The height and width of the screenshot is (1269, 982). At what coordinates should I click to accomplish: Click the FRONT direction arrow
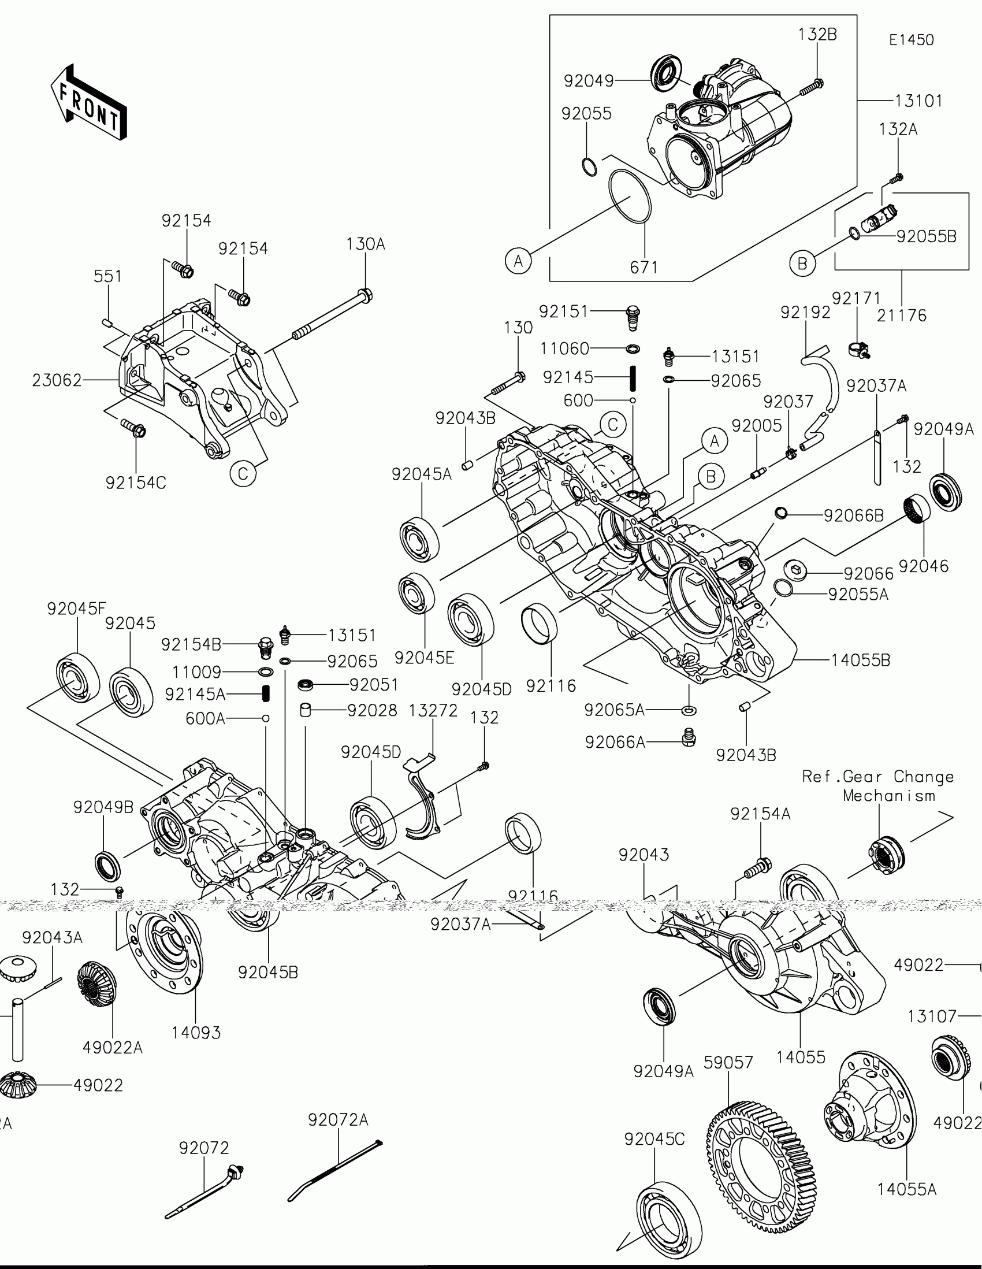pyautogui.click(x=88, y=101)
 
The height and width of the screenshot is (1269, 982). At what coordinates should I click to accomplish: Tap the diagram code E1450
pyautogui.click(x=911, y=40)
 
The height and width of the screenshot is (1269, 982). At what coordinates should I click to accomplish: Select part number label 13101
pyautogui.click(x=918, y=101)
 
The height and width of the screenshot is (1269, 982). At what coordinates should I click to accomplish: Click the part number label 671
pyautogui.click(x=643, y=268)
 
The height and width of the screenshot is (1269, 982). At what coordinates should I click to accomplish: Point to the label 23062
pyautogui.click(x=57, y=381)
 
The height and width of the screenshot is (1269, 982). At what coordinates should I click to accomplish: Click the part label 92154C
pyautogui.click(x=136, y=483)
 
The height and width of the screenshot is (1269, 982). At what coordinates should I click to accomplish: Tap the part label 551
pyautogui.click(x=108, y=276)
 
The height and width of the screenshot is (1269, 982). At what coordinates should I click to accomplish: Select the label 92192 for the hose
pyautogui.click(x=805, y=313)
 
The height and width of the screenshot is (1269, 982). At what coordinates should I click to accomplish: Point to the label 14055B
pyautogui.click(x=860, y=660)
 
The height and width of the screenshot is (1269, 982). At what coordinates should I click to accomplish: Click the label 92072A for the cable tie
pyautogui.click(x=338, y=1120)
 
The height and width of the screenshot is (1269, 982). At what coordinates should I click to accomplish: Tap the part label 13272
pyautogui.click(x=433, y=711)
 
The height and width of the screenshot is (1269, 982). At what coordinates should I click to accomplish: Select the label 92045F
pyautogui.click(x=77, y=609)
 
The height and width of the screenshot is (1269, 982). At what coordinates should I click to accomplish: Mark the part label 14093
pyautogui.click(x=196, y=1033)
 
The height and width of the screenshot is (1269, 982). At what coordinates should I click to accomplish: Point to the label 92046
pyautogui.click(x=923, y=566)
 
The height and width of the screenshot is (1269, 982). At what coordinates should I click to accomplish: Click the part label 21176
pyautogui.click(x=901, y=316)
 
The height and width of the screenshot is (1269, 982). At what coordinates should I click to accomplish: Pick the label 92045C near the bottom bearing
pyautogui.click(x=654, y=1140)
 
